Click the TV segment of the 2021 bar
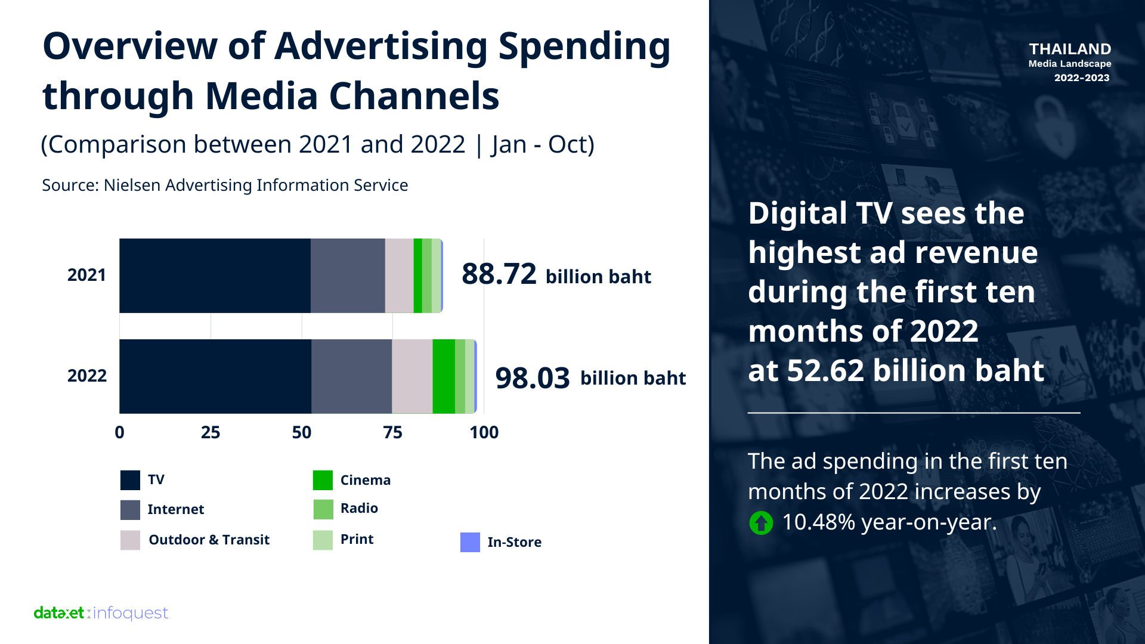215,275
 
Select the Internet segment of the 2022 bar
351,376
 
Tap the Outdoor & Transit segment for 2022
412,376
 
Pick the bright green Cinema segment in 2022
444,376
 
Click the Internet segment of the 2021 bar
348,275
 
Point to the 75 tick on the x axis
392,432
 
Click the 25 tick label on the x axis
211,432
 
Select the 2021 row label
86,275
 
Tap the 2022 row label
86,376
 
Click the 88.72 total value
499,274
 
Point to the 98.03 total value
533,378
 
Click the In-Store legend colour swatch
470,542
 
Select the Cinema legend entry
365,480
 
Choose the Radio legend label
359,508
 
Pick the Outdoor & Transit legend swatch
130,540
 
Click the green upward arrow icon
761,523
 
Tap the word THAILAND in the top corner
1070,49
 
